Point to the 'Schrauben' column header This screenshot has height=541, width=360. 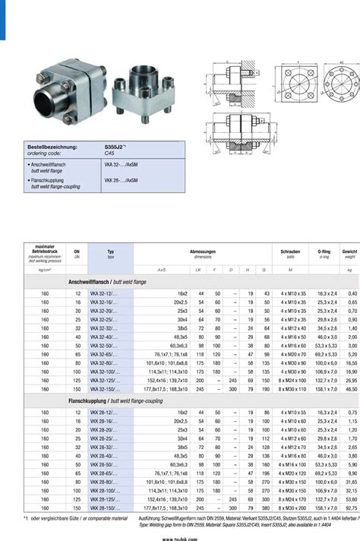pyautogui.click(x=292, y=251)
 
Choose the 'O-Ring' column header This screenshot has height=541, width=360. pyautogui.click(x=324, y=251)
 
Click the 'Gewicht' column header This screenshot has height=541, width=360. pyautogui.click(x=349, y=251)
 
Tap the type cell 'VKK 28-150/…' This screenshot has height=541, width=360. pyautogui.click(x=106, y=508)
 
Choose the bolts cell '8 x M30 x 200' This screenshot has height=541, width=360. pyautogui.click(x=292, y=508)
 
